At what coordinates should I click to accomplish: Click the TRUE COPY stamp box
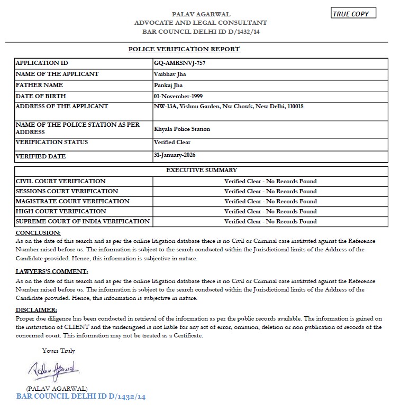tap(353, 14)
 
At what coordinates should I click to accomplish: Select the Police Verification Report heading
tap(184, 49)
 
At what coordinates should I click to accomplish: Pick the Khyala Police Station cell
tap(181, 129)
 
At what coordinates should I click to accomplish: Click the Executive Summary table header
tap(202, 170)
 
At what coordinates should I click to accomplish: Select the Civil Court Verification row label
tap(61, 181)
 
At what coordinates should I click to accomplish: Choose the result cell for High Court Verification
tap(270, 211)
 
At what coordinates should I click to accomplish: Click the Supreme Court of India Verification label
tap(83, 221)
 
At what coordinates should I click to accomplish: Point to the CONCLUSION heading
tap(38, 233)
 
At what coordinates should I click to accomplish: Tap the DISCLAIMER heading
tap(37, 309)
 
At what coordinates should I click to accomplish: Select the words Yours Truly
tap(59, 351)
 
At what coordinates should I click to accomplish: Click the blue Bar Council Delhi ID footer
tap(81, 396)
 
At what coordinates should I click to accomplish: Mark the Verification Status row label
tap(52, 142)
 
